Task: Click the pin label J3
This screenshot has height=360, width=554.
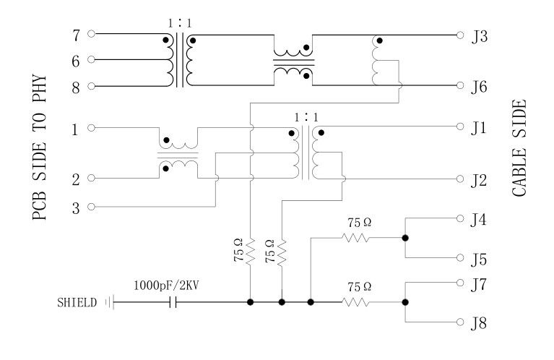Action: (x=480, y=34)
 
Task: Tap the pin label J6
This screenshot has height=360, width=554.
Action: (x=480, y=86)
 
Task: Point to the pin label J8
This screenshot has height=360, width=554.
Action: (x=480, y=323)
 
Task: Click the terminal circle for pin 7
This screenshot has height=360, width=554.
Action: (x=92, y=33)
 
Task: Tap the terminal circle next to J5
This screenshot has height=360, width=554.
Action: (x=461, y=258)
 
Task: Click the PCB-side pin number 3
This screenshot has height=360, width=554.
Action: (x=74, y=207)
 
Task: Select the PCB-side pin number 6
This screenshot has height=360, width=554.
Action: (x=74, y=60)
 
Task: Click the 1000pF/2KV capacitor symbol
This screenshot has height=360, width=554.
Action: (x=172, y=302)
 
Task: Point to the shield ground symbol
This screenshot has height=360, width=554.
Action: (x=110, y=302)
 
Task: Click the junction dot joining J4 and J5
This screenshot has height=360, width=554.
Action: (x=405, y=237)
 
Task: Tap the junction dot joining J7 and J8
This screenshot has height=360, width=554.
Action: (x=405, y=302)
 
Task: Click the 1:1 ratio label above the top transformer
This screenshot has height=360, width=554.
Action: (x=180, y=22)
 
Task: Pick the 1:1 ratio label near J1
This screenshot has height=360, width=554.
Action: (x=306, y=116)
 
